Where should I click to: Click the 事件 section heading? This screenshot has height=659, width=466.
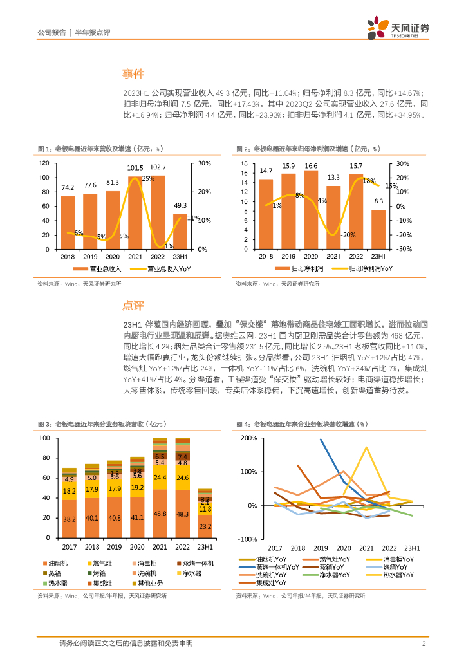click(x=135, y=74)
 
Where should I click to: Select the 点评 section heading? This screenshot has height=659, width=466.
click(x=135, y=304)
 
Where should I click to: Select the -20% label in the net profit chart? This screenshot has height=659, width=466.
click(x=348, y=235)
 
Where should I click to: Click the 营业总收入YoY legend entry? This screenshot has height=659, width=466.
click(x=155, y=268)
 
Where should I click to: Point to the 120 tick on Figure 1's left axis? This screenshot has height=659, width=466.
click(x=44, y=163)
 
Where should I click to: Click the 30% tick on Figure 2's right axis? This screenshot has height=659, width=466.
click(x=400, y=163)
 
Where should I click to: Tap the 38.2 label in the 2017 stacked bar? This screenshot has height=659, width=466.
click(x=68, y=519)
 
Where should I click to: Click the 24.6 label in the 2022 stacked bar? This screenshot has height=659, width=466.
click(x=182, y=478)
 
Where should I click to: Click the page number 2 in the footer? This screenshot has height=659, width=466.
click(x=424, y=644)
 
